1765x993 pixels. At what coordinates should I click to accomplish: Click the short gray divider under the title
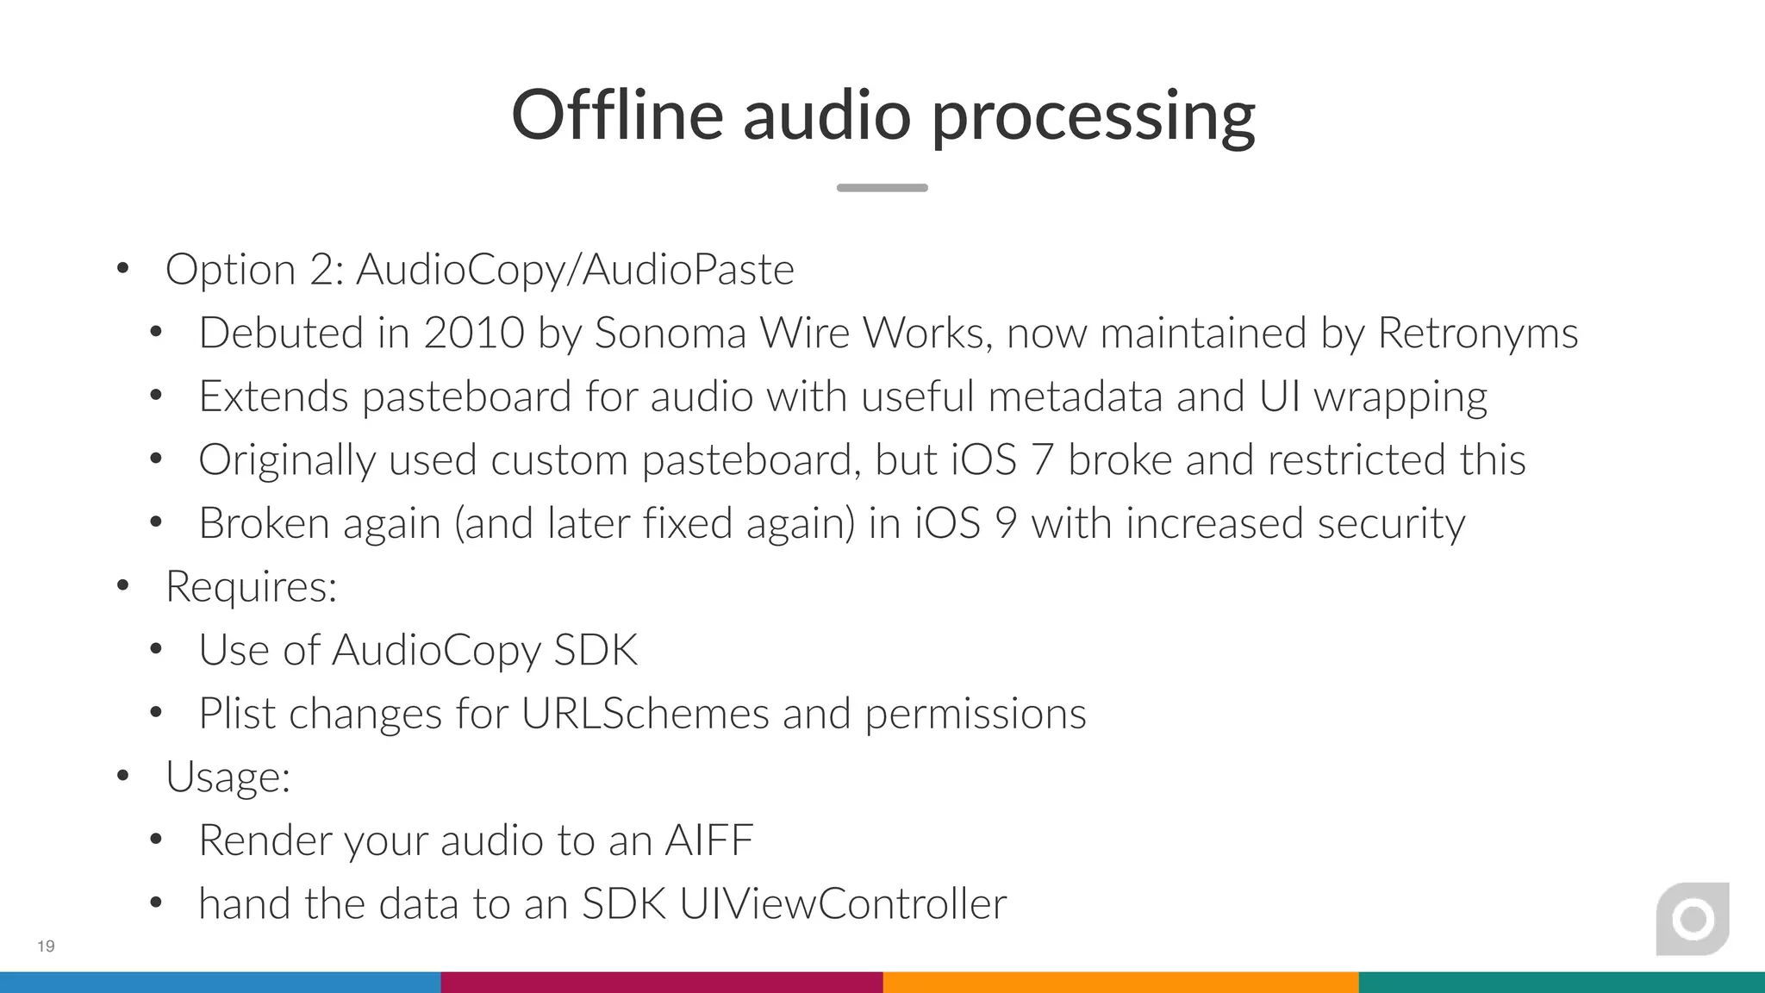[882, 187]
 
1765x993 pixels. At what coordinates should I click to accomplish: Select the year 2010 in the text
[474, 333]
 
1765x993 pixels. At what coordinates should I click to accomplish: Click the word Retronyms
[1478, 333]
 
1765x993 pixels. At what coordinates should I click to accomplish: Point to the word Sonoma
[670, 333]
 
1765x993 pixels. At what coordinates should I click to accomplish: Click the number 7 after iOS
[1042, 459]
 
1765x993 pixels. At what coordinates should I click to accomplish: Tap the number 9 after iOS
[1006, 523]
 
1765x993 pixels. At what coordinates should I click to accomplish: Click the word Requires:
[251, 587]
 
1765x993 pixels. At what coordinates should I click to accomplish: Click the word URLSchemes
[645, 714]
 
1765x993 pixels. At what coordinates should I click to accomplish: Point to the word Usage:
[228, 777]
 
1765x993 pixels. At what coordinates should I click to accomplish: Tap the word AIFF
[708, 840]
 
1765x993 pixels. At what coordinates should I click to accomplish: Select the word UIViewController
[843, 904]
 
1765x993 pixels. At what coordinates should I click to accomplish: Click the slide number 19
[46, 946]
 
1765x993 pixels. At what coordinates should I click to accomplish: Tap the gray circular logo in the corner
[1693, 919]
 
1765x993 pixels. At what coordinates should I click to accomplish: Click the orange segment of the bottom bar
[1120, 983]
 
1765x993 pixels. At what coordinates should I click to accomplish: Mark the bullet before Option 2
[123, 269]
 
